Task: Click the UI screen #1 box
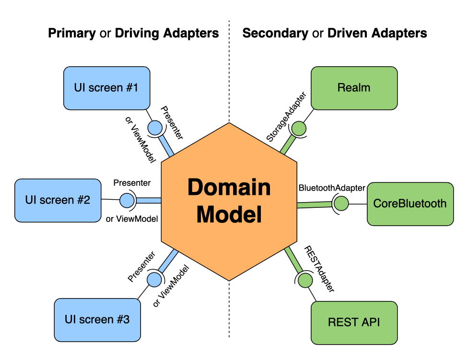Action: (106, 88)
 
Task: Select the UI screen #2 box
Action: (58, 200)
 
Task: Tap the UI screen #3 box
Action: (97, 320)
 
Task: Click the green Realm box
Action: (354, 88)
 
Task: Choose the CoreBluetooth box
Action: (410, 204)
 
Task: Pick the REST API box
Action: (354, 323)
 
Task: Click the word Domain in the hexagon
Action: (229, 187)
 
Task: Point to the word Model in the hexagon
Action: (229, 214)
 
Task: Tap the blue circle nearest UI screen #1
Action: (155, 128)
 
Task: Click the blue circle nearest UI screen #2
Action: (127, 200)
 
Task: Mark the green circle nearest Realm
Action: (299, 129)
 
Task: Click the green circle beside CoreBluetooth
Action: (341, 204)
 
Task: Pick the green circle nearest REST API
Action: (305, 280)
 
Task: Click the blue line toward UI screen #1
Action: (165, 146)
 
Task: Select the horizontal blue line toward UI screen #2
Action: (149, 200)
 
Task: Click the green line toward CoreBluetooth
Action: (314, 205)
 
